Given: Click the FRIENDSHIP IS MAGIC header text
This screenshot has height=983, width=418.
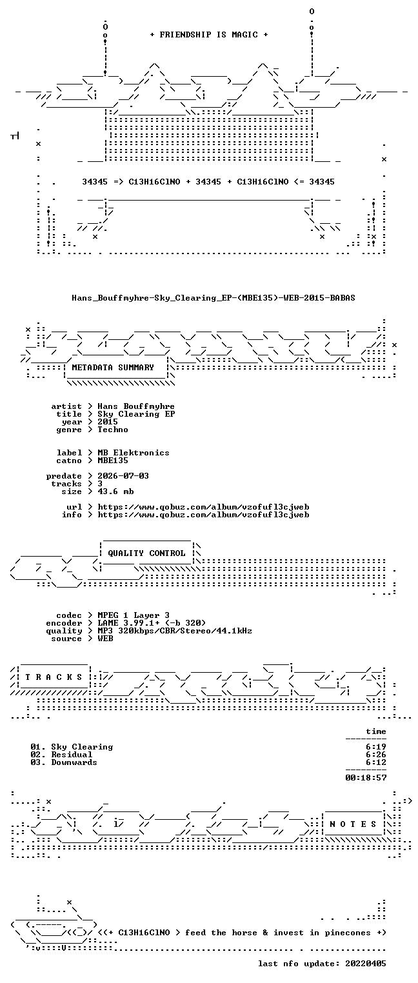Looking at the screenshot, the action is click(208, 35).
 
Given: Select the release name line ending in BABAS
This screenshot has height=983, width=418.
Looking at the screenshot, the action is click(214, 298).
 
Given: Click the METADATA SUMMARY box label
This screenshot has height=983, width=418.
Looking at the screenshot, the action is click(113, 367).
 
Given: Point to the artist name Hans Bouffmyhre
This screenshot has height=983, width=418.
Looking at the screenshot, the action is click(136, 406).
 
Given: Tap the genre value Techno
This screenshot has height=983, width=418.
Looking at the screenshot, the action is click(113, 430).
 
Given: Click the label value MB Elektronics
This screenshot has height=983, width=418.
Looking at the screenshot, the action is click(134, 453).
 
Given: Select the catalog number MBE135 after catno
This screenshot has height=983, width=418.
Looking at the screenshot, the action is click(113, 461).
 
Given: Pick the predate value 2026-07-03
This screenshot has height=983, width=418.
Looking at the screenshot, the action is click(123, 476).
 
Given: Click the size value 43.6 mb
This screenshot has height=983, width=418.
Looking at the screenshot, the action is click(115, 491).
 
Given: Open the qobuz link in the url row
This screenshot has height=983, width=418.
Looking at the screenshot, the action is click(203, 507).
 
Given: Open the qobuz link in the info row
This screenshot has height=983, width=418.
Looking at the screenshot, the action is click(203, 515).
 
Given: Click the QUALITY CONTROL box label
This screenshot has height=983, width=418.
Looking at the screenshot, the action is click(146, 553).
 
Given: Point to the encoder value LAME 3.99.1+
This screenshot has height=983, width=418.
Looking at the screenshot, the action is click(126, 623).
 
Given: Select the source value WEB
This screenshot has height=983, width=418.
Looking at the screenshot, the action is click(105, 639).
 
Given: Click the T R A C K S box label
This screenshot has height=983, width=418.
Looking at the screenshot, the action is click(54, 677).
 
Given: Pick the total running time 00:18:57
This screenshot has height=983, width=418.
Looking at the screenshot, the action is click(366, 778).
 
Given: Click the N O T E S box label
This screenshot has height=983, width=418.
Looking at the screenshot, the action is click(353, 824).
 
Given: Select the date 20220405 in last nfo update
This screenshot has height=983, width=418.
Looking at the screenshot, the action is click(366, 964).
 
